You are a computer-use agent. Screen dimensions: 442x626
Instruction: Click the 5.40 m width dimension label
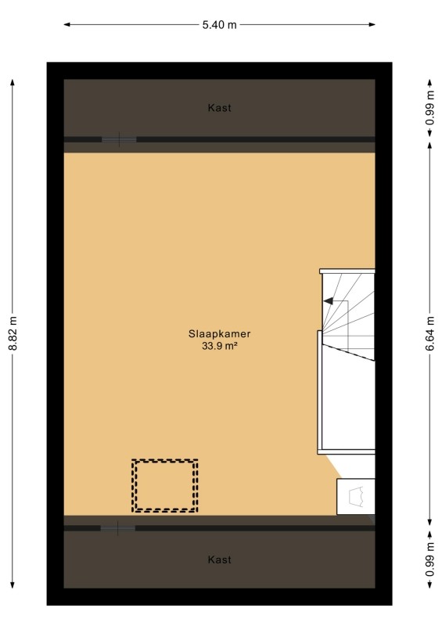pos(219,25)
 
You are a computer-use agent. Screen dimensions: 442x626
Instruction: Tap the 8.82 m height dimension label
pos(13,333)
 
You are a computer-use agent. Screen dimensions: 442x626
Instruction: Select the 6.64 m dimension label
pos(429,333)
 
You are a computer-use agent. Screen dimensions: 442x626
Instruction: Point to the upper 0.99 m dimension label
pos(429,108)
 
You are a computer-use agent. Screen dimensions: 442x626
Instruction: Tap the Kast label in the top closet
pos(219,108)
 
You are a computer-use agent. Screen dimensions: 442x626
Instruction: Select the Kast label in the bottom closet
pos(219,559)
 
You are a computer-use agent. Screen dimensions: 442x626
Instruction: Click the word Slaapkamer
pos(219,334)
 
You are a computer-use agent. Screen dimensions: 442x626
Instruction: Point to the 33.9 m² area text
pos(219,346)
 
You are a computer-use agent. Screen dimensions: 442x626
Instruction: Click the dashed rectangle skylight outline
pos(165,461)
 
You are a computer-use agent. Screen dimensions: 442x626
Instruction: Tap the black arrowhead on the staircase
pos(329,301)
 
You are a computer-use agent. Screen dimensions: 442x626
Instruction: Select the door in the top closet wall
pos(119,140)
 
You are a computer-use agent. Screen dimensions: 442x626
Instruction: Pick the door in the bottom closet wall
pos(118,528)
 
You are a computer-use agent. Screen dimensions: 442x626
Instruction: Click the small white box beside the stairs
pos(356,497)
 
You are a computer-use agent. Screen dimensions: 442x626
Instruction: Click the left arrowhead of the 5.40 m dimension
pos(67,25)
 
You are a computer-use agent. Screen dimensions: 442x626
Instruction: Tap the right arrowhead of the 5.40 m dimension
pos(372,25)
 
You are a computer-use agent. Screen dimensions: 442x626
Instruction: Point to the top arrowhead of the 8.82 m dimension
pos(13,83)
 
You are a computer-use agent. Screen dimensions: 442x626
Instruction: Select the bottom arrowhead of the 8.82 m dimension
pos(13,585)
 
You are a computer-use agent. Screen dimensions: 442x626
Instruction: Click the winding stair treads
pos(349,314)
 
